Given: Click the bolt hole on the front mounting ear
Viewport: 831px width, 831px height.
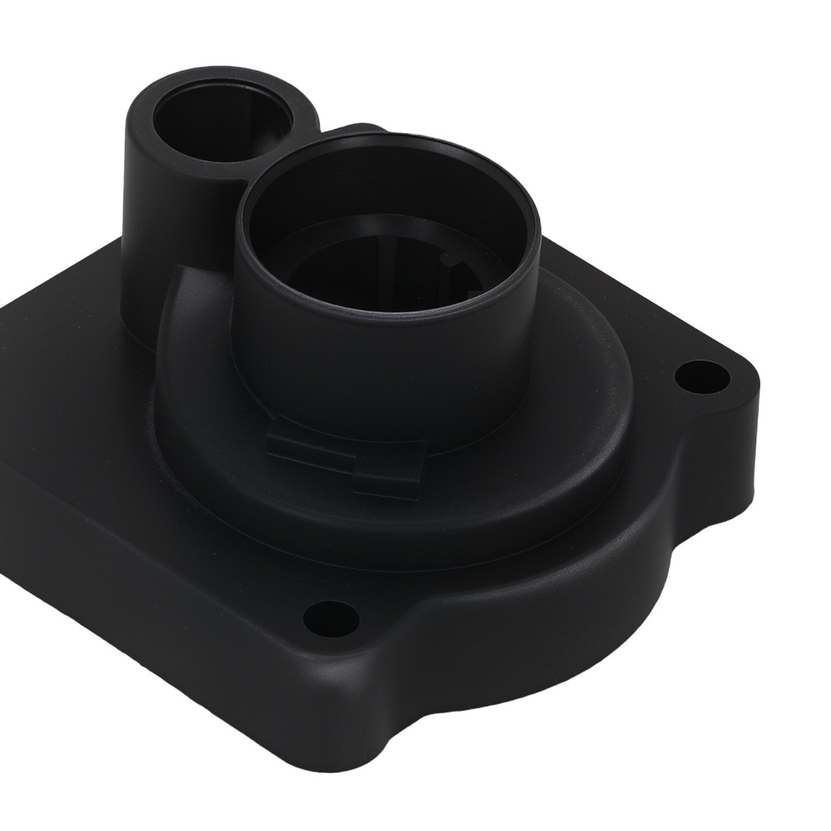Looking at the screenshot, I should coord(331,617).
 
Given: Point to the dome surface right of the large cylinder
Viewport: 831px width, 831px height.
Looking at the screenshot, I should coord(582,349).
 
